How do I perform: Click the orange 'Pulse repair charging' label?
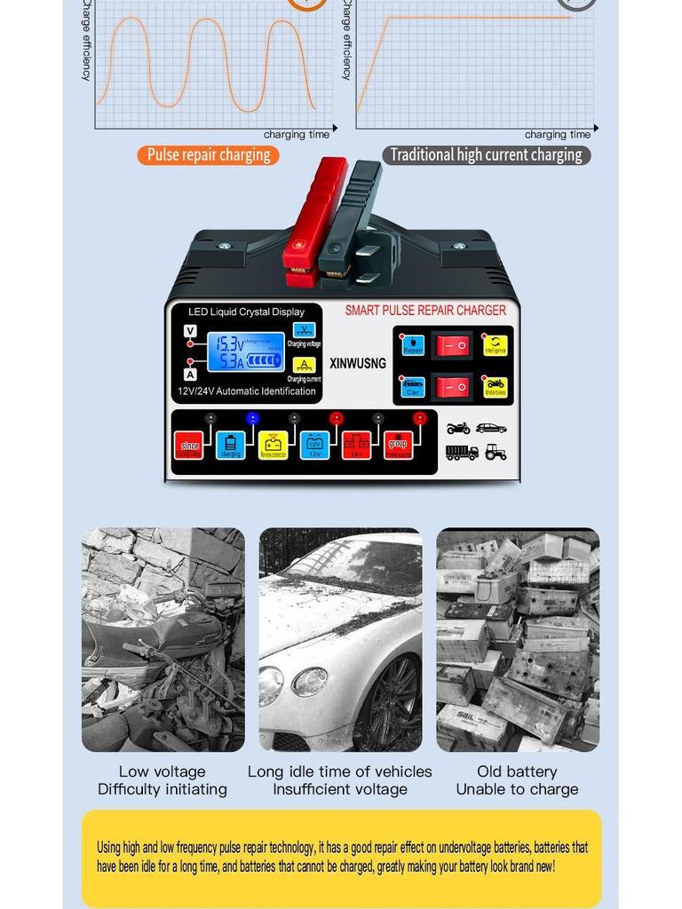pyautogui.click(x=208, y=155)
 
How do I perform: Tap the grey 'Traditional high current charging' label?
pyautogui.click(x=486, y=155)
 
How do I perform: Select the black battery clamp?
pyautogui.click(x=353, y=222)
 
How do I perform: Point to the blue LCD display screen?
pyautogui.click(x=246, y=352)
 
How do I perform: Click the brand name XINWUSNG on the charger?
pyautogui.click(x=357, y=363)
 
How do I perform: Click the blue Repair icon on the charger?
pyautogui.click(x=413, y=345)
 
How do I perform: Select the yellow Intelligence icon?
pyautogui.click(x=495, y=345)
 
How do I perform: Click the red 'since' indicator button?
pyautogui.click(x=189, y=446)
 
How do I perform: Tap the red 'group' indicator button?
pyautogui.click(x=398, y=445)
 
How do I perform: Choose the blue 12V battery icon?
pyautogui.click(x=314, y=445)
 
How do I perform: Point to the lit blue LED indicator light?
pyautogui.click(x=252, y=418)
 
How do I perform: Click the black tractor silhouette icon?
pyautogui.click(x=496, y=452)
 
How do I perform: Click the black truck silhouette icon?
pyautogui.click(x=461, y=452)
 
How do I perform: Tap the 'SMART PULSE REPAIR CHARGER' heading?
pyautogui.click(x=424, y=311)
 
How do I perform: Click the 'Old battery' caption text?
pyautogui.click(x=517, y=771)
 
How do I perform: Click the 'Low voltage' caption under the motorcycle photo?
pyautogui.click(x=162, y=771)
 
